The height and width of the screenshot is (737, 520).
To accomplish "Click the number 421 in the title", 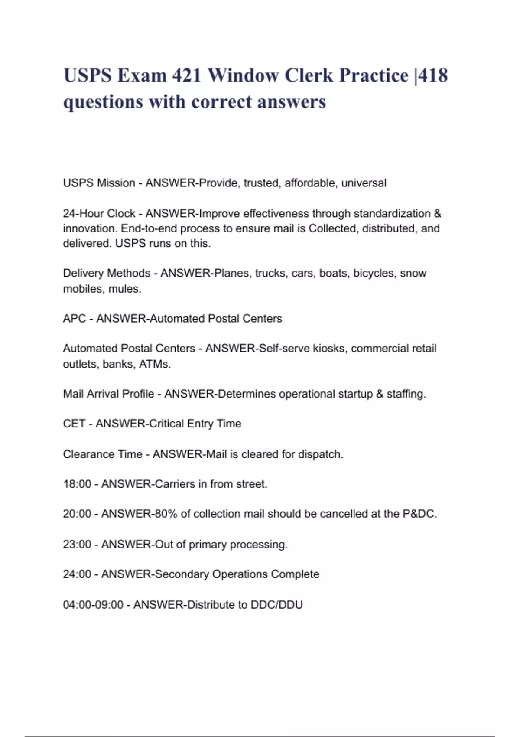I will coord(186,75).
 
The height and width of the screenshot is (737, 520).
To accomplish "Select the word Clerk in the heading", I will coord(309,75).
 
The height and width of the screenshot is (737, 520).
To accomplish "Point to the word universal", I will coord(364,183).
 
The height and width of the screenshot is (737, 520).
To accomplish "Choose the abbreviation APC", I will coord(75,319).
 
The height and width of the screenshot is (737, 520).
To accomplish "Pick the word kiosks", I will coord(329,349).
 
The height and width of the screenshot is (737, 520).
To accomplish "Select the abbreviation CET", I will coord(74,424).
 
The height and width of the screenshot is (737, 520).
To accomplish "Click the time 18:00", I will coord(77,484).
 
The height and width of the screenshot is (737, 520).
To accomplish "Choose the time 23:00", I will coord(77,544).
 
